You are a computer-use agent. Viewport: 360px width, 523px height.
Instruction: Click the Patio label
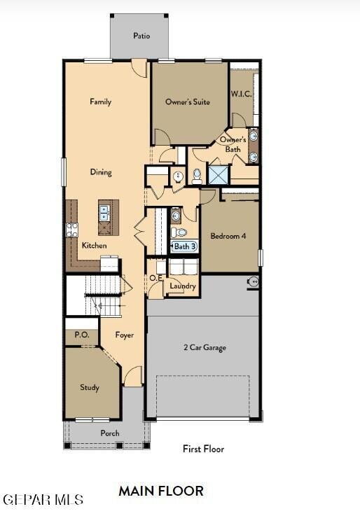point(141,36)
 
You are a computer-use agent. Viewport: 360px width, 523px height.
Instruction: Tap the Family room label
point(100,102)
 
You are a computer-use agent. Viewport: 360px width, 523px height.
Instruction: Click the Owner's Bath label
point(233,144)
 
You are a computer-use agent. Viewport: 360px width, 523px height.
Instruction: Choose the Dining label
point(100,172)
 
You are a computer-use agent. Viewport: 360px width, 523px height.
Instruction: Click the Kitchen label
point(95,246)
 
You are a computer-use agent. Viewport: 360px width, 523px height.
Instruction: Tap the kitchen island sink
point(105,209)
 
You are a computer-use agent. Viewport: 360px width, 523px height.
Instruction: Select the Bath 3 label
point(185,246)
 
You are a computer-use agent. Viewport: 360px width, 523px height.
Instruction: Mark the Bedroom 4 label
point(228,237)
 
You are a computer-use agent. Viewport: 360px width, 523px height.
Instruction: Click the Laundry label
point(182,286)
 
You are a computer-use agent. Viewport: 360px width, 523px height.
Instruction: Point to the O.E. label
point(155,278)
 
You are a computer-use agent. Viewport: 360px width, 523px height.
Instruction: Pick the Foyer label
point(125,335)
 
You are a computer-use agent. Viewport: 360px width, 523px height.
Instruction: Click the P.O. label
point(82,335)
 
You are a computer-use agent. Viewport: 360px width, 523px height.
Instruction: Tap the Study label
point(89,388)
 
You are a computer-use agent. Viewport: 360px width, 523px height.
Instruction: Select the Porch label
point(110,433)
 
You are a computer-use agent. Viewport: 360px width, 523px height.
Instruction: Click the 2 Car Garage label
point(205,348)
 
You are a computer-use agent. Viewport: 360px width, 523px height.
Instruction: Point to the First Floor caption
point(203,449)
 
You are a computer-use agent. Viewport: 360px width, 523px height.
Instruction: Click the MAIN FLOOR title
point(161,491)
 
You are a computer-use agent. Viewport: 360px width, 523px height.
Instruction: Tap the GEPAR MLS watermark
point(43,500)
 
